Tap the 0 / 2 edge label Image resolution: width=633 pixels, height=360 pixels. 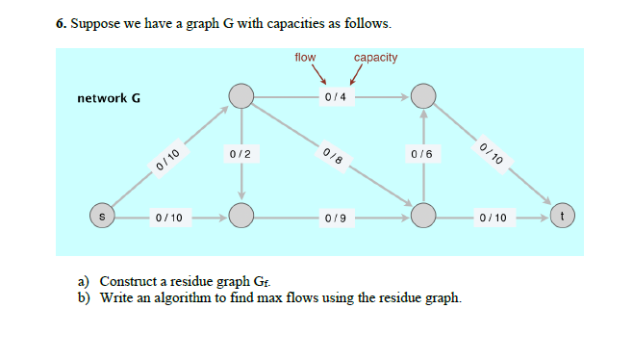[241, 155]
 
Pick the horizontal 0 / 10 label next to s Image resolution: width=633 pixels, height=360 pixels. [169, 218]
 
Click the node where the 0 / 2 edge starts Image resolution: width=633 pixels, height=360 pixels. [241, 95]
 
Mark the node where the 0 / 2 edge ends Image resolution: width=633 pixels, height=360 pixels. [241, 217]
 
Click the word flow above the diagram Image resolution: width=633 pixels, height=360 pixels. [305, 58]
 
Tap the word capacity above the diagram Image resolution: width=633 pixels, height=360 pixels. [375, 58]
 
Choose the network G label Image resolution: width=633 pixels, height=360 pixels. [109, 97]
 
